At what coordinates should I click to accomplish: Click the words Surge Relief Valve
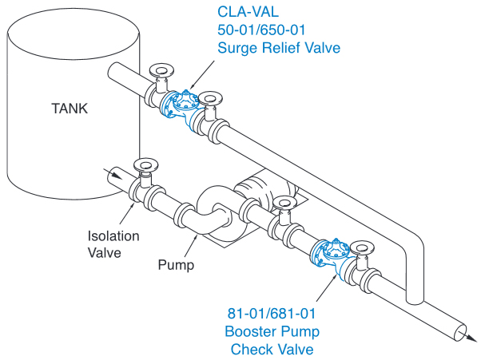[x=279, y=48]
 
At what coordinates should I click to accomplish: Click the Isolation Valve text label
[x=114, y=244]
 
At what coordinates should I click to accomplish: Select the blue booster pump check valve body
[x=332, y=256]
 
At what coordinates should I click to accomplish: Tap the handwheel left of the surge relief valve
[x=163, y=68]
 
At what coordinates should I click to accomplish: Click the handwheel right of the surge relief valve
[x=209, y=97]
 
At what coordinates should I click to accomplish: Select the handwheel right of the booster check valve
[x=364, y=247]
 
